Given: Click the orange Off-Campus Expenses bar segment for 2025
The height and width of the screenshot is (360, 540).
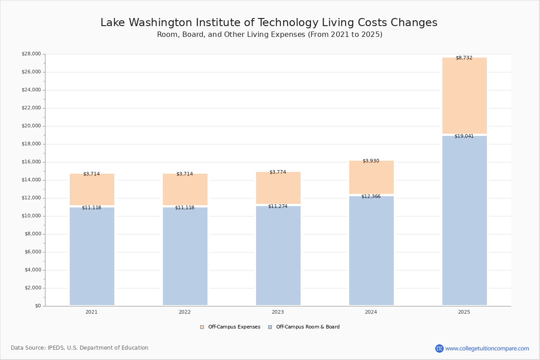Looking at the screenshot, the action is (464, 95).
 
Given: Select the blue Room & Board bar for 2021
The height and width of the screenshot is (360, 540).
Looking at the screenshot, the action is (92, 256).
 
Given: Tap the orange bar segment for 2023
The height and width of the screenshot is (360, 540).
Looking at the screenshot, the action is (278, 188).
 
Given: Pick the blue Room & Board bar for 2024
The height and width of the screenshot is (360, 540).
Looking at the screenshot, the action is (371, 251).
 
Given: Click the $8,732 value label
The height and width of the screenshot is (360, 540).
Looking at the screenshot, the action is (464, 58).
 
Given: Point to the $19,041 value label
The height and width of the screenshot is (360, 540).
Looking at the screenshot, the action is (464, 136).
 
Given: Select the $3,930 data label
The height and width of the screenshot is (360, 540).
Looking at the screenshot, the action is (371, 161).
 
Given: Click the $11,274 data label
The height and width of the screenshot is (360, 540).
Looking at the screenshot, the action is (278, 207).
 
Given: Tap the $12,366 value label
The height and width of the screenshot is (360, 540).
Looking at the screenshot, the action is (371, 197).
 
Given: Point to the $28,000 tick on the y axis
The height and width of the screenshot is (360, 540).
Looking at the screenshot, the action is (31, 54).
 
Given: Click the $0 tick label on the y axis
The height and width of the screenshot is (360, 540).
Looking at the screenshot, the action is (38, 306).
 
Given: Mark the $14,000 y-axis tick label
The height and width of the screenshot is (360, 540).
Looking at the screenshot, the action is (31, 180).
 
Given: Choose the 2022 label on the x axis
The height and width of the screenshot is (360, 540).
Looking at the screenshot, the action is (184, 312).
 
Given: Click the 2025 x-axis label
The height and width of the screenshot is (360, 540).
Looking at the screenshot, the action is (464, 312).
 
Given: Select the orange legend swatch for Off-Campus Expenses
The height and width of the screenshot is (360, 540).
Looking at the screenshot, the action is (202, 327).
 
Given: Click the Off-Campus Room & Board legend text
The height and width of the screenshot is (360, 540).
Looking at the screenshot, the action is (308, 327).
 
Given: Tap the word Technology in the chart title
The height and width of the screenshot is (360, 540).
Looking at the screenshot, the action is (288, 22).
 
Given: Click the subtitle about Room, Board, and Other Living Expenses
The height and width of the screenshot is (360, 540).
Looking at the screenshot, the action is (270, 35).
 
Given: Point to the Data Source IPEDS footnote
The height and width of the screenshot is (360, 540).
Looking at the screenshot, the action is (80, 348).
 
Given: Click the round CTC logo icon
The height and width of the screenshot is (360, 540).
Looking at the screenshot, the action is (440, 348).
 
